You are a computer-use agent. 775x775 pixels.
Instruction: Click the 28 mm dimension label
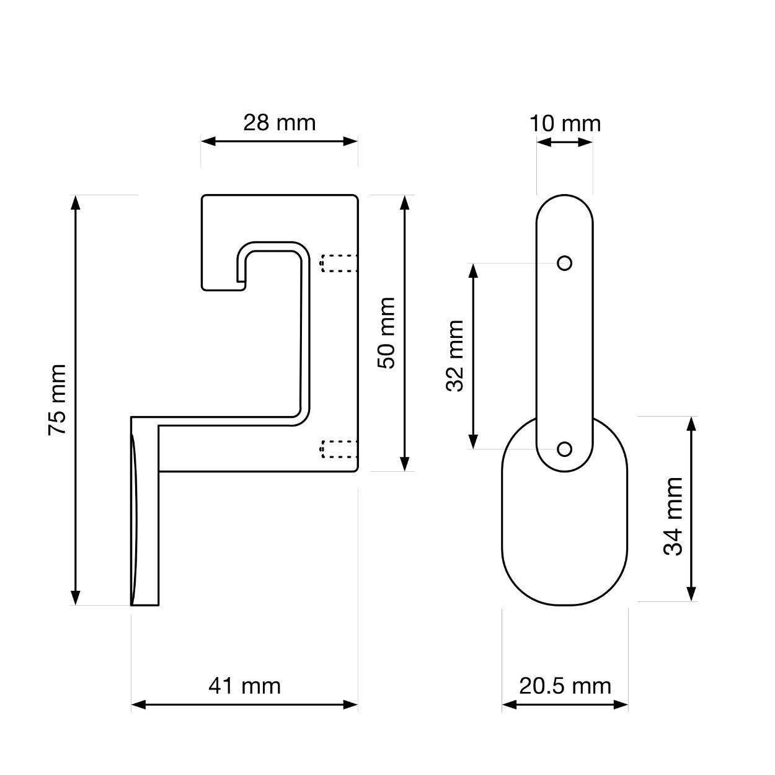pyautogui.click(x=279, y=122)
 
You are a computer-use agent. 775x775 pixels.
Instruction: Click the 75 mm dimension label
pyautogui.click(x=57, y=400)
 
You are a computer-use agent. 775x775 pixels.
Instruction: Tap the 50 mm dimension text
pyautogui.click(x=386, y=333)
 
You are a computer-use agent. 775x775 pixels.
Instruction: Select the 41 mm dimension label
pyautogui.click(x=244, y=686)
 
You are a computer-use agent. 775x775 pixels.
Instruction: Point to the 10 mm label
pyautogui.click(x=565, y=123)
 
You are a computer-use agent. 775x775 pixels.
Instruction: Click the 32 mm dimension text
pyautogui.click(x=455, y=356)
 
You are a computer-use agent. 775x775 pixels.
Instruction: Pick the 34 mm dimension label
pyautogui.click(x=673, y=516)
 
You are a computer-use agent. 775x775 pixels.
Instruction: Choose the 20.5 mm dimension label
pyautogui.click(x=565, y=686)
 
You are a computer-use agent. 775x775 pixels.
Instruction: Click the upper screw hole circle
pyautogui.click(x=564, y=263)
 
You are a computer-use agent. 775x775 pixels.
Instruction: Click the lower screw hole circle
pyautogui.click(x=564, y=449)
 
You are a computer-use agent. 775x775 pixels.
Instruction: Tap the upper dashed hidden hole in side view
pyautogui.click(x=339, y=263)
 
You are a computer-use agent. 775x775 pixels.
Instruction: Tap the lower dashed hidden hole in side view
pyautogui.click(x=339, y=449)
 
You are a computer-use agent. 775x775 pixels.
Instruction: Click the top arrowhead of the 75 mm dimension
pyautogui.click(x=76, y=202)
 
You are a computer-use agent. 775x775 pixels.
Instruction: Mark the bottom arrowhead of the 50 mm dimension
pyautogui.click(x=405, y=464)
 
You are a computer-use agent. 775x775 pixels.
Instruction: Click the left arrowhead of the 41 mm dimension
pyautogui.click(x=138, y=704)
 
